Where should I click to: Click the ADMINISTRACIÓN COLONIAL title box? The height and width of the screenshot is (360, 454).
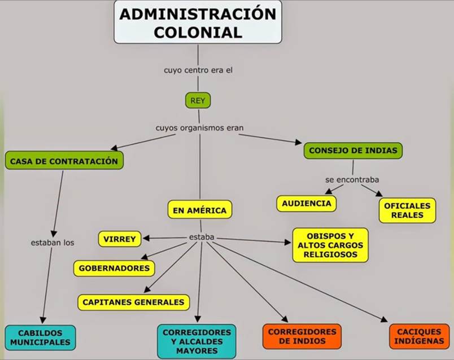(198, 22)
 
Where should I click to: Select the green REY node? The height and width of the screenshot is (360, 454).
(198, 100)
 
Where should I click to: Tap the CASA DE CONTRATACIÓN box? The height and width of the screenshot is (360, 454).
(64, 160)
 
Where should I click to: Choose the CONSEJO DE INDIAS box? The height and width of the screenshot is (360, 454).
(353, 151)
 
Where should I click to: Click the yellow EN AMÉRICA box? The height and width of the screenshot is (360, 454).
(200, 209)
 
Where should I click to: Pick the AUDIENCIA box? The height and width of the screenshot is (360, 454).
(306, 204)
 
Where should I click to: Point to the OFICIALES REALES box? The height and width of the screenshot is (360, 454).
(407, 210)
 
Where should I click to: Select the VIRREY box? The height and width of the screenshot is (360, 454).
(120, 239)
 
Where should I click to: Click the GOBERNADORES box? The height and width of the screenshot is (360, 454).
(114, 268)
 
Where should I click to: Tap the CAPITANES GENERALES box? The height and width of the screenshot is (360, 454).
(133, 302)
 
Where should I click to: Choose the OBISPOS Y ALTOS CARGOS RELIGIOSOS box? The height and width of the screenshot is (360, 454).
(330, 245)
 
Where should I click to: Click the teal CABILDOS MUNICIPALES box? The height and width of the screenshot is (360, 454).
(40, 337)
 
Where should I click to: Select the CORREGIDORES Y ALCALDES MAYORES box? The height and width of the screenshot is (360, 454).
(197, 341)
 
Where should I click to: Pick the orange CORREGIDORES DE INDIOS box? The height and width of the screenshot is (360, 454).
(302, 336)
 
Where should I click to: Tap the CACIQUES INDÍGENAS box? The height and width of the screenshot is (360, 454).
(419, 336)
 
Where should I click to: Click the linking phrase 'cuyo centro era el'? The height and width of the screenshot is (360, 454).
(198, 70)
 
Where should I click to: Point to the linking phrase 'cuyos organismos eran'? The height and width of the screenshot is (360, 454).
(199, 128)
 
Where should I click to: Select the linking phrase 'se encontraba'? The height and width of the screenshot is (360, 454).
(352, 179)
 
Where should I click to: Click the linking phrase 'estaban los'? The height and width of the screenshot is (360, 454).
(53, 243)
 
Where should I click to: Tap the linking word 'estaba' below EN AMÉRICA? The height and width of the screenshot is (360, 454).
(202, 237)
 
